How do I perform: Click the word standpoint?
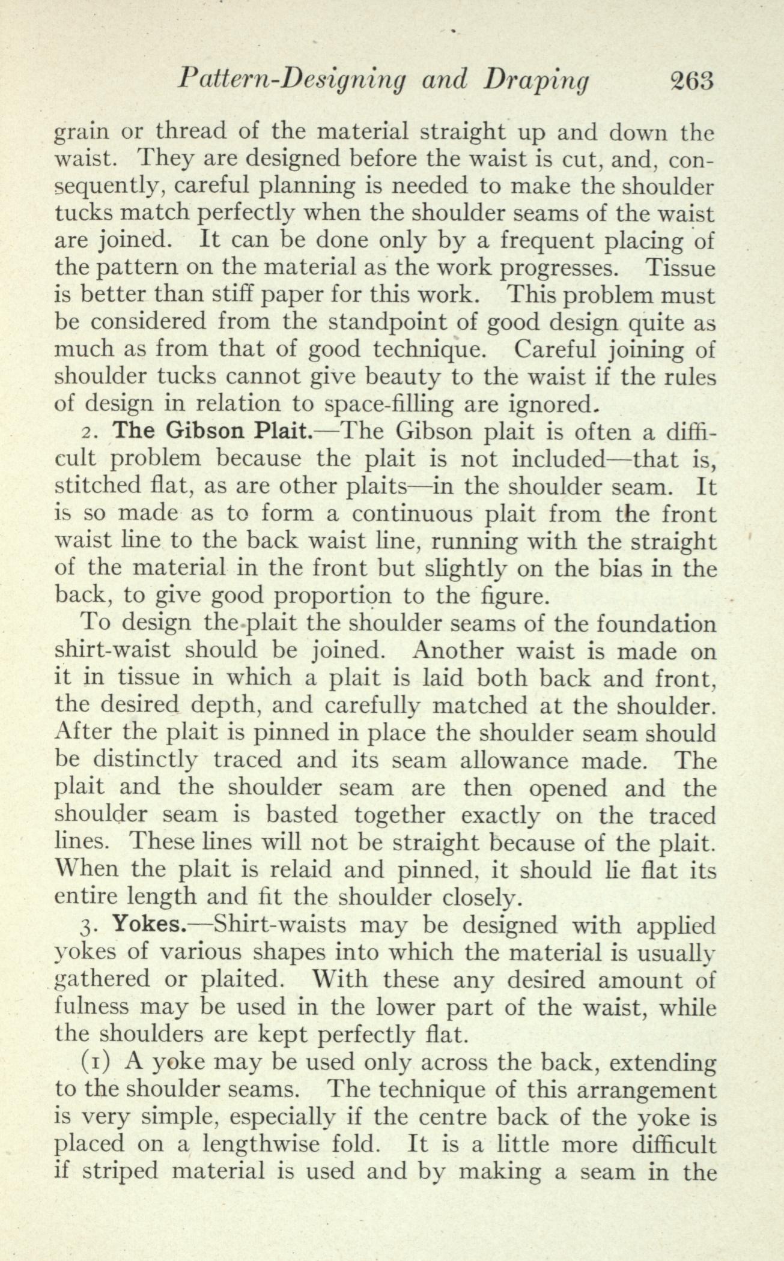[386, 323]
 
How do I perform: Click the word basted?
[300, 815]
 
